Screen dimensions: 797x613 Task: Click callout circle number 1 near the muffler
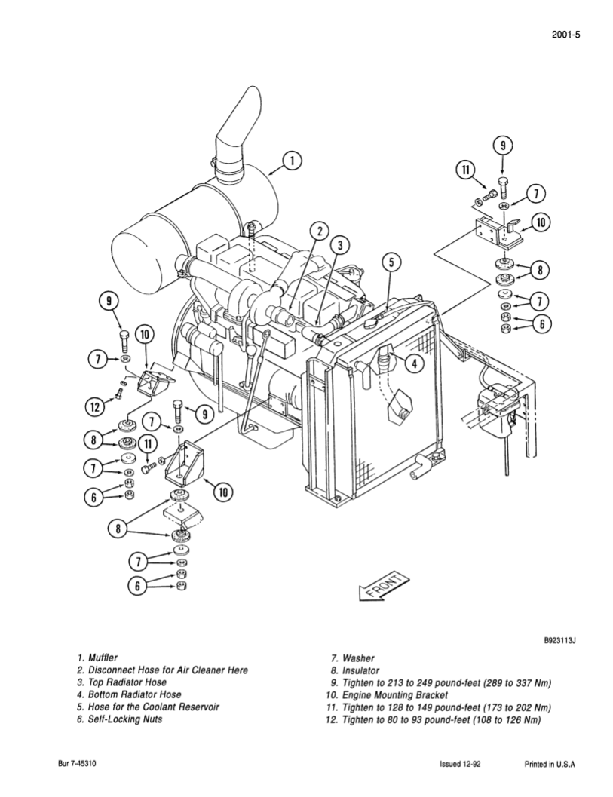tap(293, 161)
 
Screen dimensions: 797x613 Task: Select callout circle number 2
tap(320, 231)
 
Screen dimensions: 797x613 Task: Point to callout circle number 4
tap(412, 363)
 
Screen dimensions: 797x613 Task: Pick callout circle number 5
tap(391, 262)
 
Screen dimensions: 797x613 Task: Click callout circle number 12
tap(94, 407)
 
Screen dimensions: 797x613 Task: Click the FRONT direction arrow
tap(384, 586)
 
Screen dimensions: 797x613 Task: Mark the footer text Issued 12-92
tap(461, 764)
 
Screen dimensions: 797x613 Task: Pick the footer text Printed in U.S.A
tap(550, 764)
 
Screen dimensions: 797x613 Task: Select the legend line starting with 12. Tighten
tap(434, 719)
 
